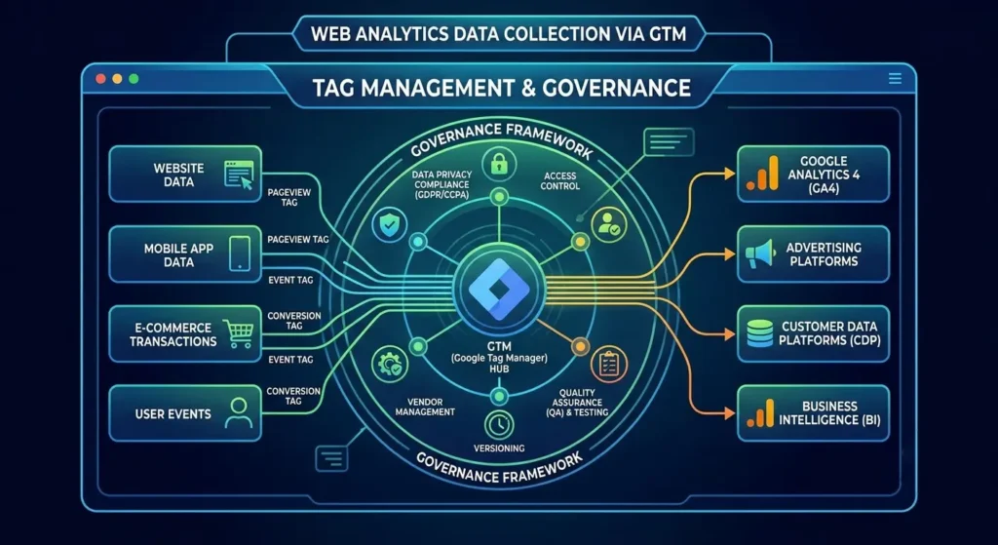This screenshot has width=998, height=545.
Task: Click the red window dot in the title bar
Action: coord(100,79)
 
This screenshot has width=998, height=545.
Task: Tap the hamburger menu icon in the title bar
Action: coord(895,78)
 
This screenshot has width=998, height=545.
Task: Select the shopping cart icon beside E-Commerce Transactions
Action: coord(238,333)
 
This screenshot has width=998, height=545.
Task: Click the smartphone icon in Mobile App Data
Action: coord(240,253)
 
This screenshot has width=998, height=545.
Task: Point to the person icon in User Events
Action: coord(239,413)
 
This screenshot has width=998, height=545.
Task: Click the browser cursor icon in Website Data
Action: coord(239,175)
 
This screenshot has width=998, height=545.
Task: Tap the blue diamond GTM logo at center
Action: coord(499,290)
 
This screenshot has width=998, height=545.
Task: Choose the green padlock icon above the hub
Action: coord(498,165)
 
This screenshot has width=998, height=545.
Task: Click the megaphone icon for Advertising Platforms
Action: coord(760,253)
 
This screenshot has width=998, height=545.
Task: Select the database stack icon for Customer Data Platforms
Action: coord(759,333)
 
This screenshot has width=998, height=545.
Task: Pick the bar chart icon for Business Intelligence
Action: coord(760,412)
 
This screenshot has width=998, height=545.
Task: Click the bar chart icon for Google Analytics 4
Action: coord(761,173)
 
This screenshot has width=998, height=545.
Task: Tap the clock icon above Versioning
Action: coord(499,423)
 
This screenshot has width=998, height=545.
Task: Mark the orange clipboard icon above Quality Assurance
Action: coord(609,365)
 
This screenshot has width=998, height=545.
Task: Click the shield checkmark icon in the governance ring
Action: coord(389,223)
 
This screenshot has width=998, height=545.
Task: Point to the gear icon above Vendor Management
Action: coord(389,365)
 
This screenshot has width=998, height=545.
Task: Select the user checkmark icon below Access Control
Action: coord(608,223)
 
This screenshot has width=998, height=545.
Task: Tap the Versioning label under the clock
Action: coord(499,448)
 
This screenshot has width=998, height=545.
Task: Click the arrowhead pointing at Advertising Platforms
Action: coord(729,254)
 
